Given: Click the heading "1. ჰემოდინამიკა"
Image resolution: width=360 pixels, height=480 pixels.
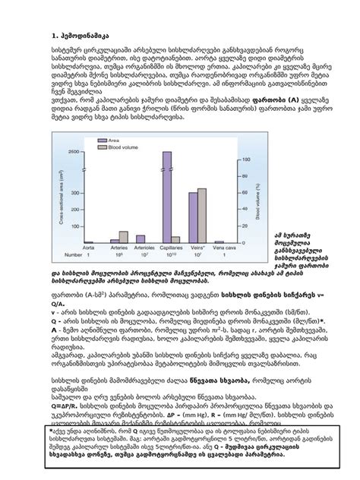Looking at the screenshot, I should [x=76, y=35].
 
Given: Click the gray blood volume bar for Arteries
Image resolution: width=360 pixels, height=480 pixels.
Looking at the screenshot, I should [x=124, y=235].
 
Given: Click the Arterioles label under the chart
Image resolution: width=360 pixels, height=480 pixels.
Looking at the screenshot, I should [x=142, y=247].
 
